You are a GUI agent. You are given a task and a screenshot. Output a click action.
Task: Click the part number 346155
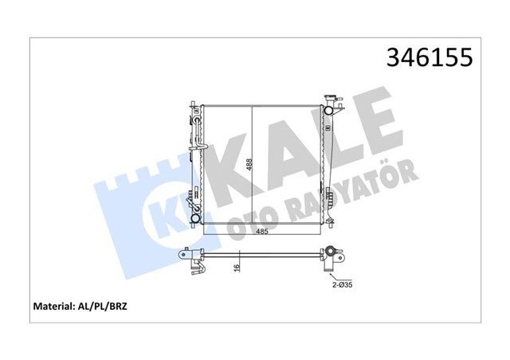pyautogui.click(x=430, y=57)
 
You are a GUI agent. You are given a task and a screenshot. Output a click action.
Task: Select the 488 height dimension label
pyautogui.click(x=249, y=165)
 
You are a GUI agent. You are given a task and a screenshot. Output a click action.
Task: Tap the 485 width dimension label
pyautogui.click(x=262, y=232)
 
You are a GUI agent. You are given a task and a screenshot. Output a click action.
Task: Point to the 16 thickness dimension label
pyautogui.click(x=237, y=268)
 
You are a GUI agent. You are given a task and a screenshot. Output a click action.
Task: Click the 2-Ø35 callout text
pyautogui.click(x=342, y=285)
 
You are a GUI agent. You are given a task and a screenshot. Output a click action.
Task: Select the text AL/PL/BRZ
pyautogui.click(x=101, y=306)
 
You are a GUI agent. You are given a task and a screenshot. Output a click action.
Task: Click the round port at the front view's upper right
pyautogui.click(x=328, y=110)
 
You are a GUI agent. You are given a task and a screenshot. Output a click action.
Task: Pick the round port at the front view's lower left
pyautogui.click(x=196, y=218)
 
